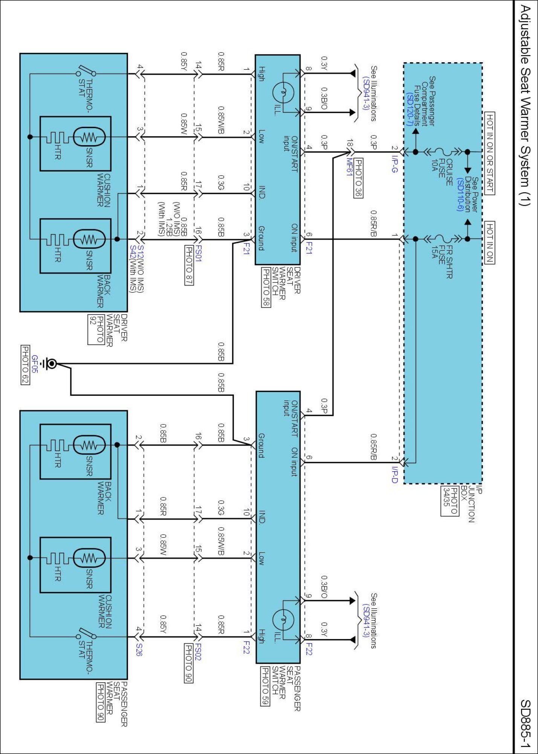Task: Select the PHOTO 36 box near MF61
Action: [x=358, y=178]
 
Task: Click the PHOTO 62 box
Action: [x=25, y=365]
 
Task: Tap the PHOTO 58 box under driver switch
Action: [x=266, y=287]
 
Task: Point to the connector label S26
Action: [x=139, y=650]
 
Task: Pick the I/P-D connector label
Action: [x=394, y=475]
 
